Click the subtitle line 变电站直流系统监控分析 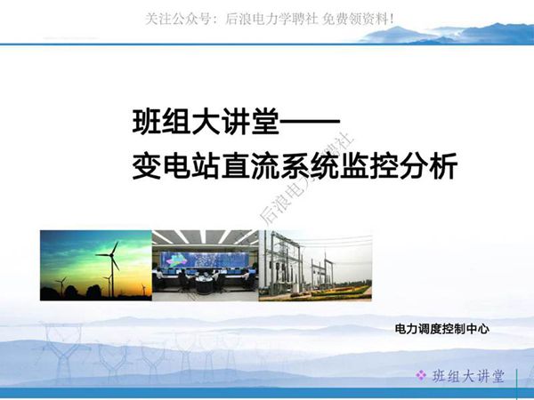(x=293, y=166)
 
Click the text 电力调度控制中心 (x=442, y=330)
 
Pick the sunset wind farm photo (x=95, y=265)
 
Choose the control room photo (x=205, y=265)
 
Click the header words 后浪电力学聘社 (x=266, y=17)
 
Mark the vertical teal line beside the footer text (x=519, y=377)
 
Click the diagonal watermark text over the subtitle (x=294, y=182)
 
